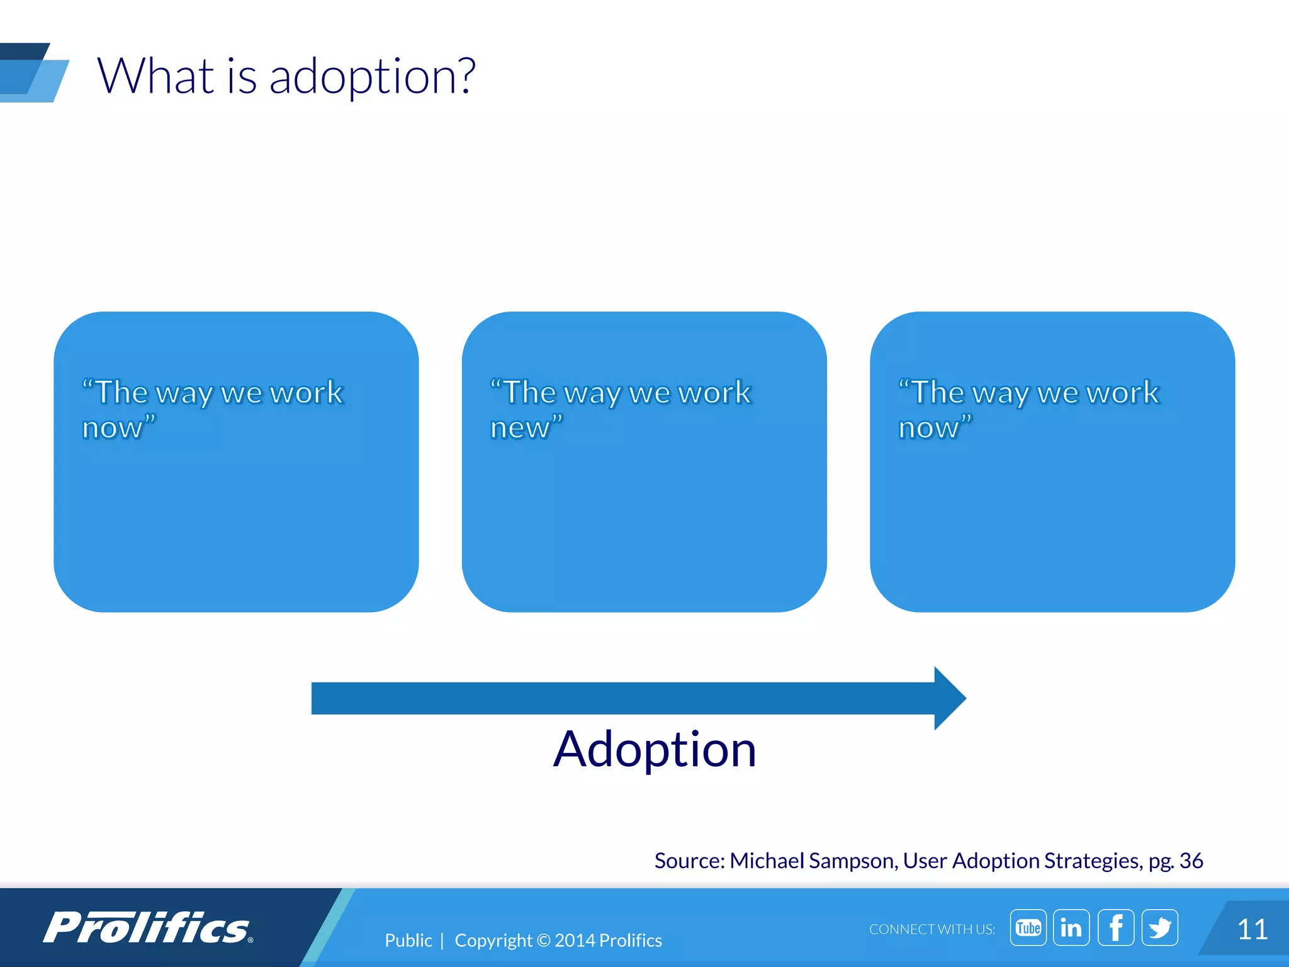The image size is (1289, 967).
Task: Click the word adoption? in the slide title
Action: tap(372, 77)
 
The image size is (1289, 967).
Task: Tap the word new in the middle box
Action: tap(520, 428)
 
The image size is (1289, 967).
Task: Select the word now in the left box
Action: tap(113, 428)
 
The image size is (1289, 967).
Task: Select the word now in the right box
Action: tap(928, 428)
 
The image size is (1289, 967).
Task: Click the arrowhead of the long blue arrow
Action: tap(949, 698)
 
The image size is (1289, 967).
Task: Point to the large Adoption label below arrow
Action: tap(655, 749)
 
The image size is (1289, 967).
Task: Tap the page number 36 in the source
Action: tap(1191, 861)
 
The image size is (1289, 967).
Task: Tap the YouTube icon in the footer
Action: tap(1028, 927)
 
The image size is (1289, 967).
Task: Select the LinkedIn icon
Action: tap(1071, 927)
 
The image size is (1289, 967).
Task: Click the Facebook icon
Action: tap(1115, 927)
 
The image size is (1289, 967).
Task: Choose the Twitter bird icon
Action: tap(1159, 927)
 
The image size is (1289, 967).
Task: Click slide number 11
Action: tap(1252, 929)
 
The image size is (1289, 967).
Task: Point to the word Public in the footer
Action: tap(408, 941)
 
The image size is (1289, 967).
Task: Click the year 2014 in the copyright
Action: tap(575, 941)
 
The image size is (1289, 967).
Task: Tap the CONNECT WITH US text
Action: tap(932, 929)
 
